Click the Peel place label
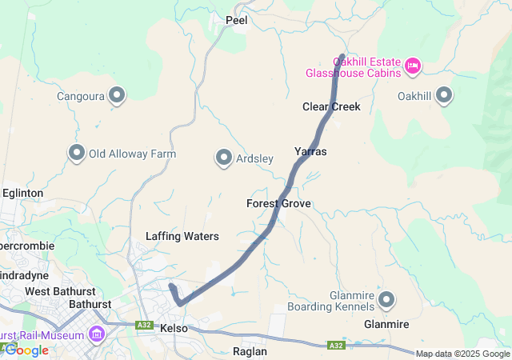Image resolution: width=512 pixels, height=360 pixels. [x=237, y=21]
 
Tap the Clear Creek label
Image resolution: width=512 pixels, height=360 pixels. [x=331, y=106]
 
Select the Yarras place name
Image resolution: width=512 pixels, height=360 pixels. [x=310, y=151]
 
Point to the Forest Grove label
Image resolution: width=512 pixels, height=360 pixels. [x=278, y=204]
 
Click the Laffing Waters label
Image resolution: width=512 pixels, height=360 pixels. [x=182, y=236]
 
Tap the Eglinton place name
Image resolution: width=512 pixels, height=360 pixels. [x=22, y=193]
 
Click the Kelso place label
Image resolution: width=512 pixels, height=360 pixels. [x=174, y=329]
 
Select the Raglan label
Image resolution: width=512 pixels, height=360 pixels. [x=249, y=351]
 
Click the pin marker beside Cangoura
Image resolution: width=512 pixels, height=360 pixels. [x=118, y=96]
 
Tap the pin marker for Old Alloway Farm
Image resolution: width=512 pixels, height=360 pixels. [x=78, y=153]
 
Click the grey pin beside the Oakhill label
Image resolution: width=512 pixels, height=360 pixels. [x=444, y=96]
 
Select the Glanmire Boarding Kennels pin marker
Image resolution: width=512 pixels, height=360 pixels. [x=387, y=300]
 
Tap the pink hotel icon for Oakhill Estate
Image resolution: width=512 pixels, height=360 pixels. [x=413, y=66]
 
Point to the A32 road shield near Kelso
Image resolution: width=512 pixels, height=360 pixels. [x=145, y=326]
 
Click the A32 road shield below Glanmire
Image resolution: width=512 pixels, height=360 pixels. [x=338, y=346]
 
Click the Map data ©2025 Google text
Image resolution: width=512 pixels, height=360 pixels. [x=462, y=354]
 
